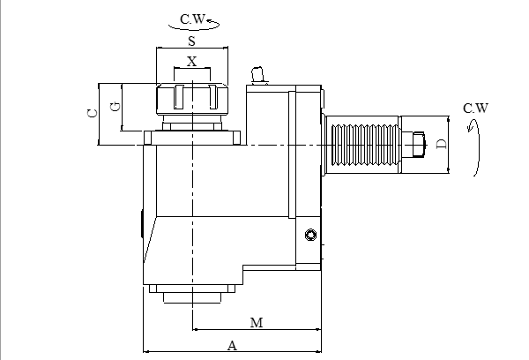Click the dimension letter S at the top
click(191, 41)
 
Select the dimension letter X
click(191, 62)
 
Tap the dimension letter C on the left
click(90, 113)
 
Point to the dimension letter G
click(113, 106)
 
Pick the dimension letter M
click(257, 323)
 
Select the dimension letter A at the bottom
click(233, 346)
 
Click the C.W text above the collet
click(193, 18)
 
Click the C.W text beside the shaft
click(475, 109)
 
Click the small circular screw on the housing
click(309, 234)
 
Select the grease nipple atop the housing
click(257, 75)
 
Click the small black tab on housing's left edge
click(141, 223)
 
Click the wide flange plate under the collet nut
click(192, 138)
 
